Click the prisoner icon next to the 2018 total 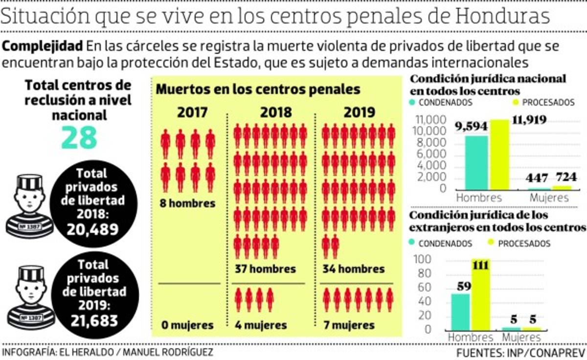29,207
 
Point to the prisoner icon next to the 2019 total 29,298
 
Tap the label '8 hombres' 188,203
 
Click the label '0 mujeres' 188,325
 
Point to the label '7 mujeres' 350,325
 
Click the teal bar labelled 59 460,312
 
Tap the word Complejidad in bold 43,47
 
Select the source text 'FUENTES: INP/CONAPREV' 520,353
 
